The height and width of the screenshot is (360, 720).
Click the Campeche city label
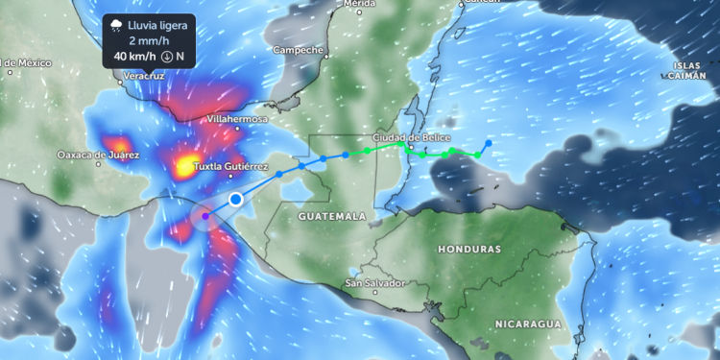[298, 49]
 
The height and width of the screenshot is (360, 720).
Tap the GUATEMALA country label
[332, 217]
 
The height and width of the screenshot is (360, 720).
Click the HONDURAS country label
[470, 249]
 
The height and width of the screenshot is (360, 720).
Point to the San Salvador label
[375, 283]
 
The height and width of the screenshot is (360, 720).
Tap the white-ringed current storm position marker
[236, 200]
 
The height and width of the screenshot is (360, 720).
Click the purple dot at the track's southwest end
[205, 216]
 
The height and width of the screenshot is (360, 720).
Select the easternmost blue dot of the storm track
[489, 143]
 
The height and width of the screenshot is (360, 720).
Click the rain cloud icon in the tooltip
[116, 24]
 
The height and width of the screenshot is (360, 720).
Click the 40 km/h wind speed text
[134, 57]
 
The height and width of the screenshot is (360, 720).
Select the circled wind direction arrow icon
[166, 57]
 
